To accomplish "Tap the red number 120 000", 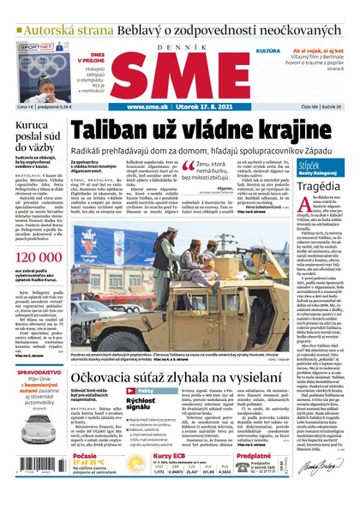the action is (x=35, y=257).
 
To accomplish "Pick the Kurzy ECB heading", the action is (x=172, y=459).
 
